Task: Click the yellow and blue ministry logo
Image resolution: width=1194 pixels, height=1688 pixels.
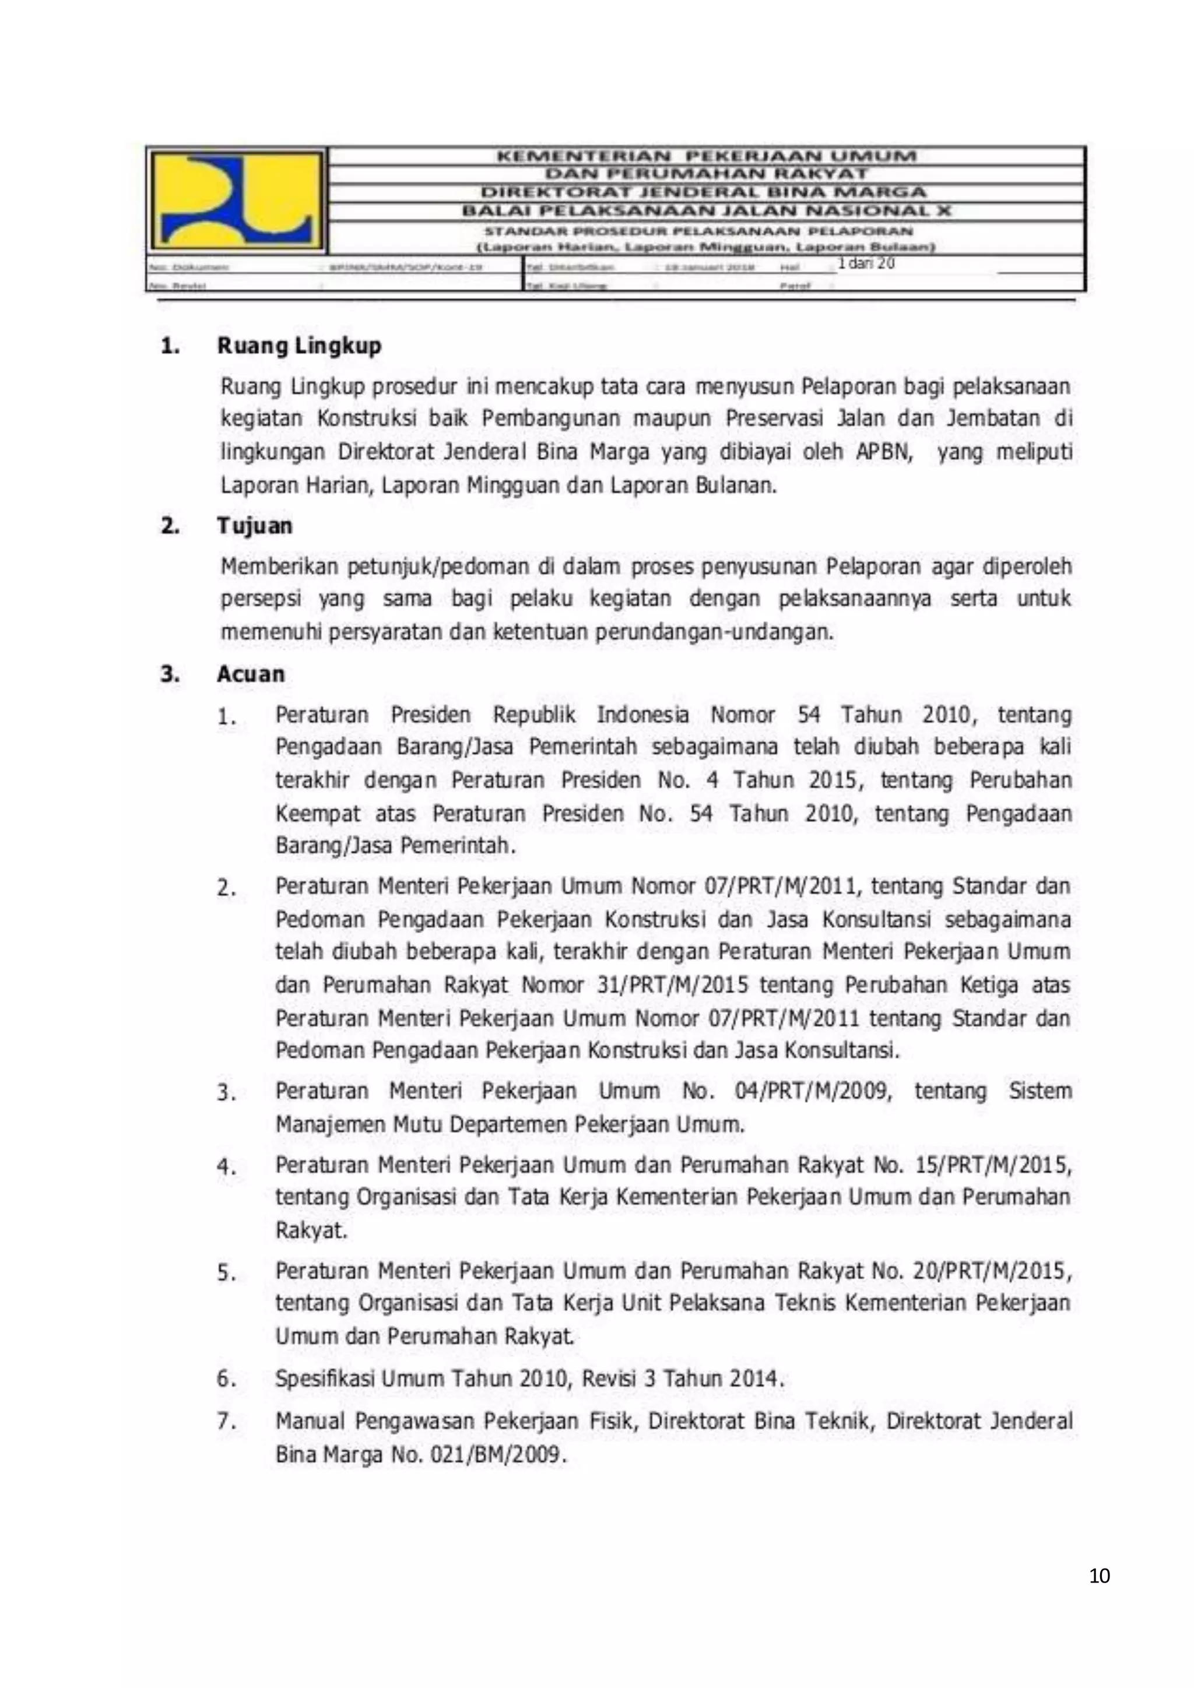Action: coord(237,199)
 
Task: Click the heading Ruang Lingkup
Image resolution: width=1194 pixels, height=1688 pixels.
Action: coord(298,346)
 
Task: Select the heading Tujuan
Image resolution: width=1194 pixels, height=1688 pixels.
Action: coord(254,526)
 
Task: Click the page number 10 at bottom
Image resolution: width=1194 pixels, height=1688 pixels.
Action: coord(1099,1576)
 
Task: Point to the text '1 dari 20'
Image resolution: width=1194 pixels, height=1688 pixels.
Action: coord(866,264)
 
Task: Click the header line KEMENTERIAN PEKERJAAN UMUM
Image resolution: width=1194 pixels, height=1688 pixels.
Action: coord(706,156)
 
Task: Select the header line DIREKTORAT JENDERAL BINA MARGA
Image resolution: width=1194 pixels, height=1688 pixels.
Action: coord(703,192)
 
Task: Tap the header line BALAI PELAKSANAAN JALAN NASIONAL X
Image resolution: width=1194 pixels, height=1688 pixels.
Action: coord(706,210)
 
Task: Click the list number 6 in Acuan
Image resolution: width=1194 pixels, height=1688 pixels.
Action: coord(226,1379)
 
